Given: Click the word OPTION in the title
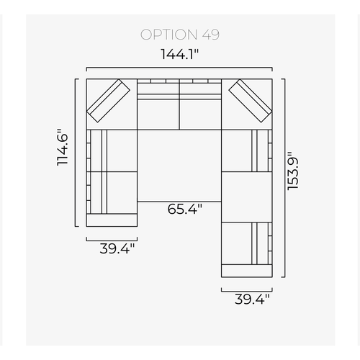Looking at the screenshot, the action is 168,35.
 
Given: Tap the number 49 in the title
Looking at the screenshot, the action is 210,35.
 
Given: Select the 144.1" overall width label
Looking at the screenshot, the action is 179,54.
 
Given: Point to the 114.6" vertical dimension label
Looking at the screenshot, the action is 63,148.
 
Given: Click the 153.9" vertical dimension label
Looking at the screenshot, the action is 293,171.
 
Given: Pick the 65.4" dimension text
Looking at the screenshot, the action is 184,209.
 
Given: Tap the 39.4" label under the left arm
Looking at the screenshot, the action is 117,248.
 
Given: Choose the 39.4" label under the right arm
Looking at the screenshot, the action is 252,300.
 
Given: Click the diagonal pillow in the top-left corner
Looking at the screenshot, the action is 108,101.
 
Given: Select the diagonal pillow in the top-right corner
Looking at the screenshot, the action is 251,101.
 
